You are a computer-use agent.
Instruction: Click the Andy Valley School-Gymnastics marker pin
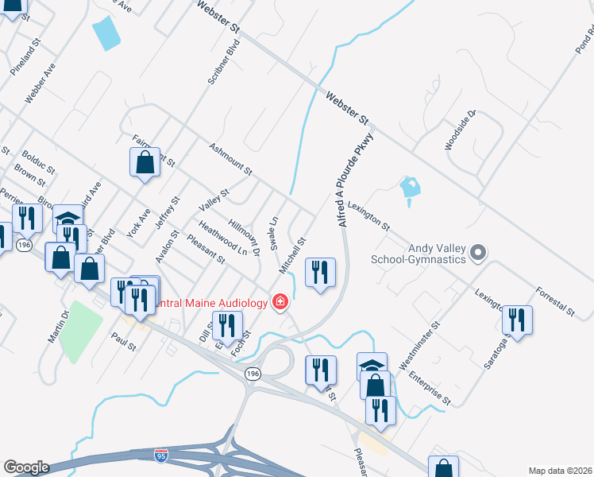(477, 254)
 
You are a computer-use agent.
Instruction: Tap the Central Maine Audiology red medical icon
(280, 302)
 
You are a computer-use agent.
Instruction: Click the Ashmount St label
(230, 160)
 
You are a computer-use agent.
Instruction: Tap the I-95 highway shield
(161, 455)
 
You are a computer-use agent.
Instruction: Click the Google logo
(25, 467)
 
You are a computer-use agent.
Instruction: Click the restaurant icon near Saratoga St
(517, 320)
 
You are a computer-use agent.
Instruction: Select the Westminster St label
(419, 347)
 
